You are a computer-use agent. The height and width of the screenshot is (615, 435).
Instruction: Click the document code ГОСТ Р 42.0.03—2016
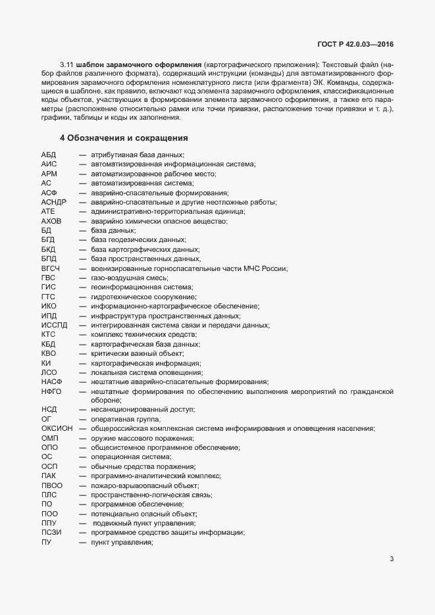(355, 45)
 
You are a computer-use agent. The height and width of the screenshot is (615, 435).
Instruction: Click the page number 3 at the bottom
(392, 560)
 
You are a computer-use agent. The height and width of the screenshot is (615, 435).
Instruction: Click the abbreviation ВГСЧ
(51, 268)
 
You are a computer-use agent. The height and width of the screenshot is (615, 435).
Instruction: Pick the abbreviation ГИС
(48, 287)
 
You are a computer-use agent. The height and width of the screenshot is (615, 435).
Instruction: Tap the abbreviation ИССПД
(54, 325)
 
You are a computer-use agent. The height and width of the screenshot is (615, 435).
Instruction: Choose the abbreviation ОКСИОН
(57, 429)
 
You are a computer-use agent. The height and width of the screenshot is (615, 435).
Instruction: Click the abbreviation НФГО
(51, 391)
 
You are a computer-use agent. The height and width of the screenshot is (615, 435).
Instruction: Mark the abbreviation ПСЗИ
(51, 533)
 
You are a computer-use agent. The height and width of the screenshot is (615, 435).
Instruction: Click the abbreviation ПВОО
(51, 485)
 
